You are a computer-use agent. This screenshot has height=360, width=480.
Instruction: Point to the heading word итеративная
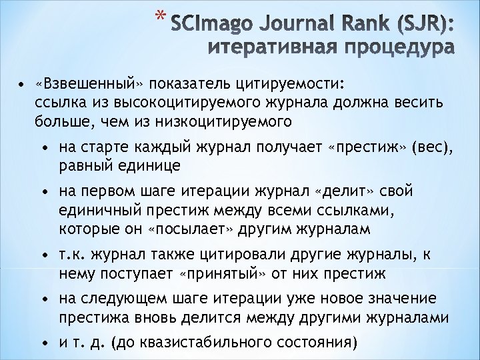(x=273, y=49)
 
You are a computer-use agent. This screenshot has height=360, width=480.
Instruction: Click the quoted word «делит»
(x=345, y=192)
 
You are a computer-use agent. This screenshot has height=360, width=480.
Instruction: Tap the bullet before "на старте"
(x=43, y=147)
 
